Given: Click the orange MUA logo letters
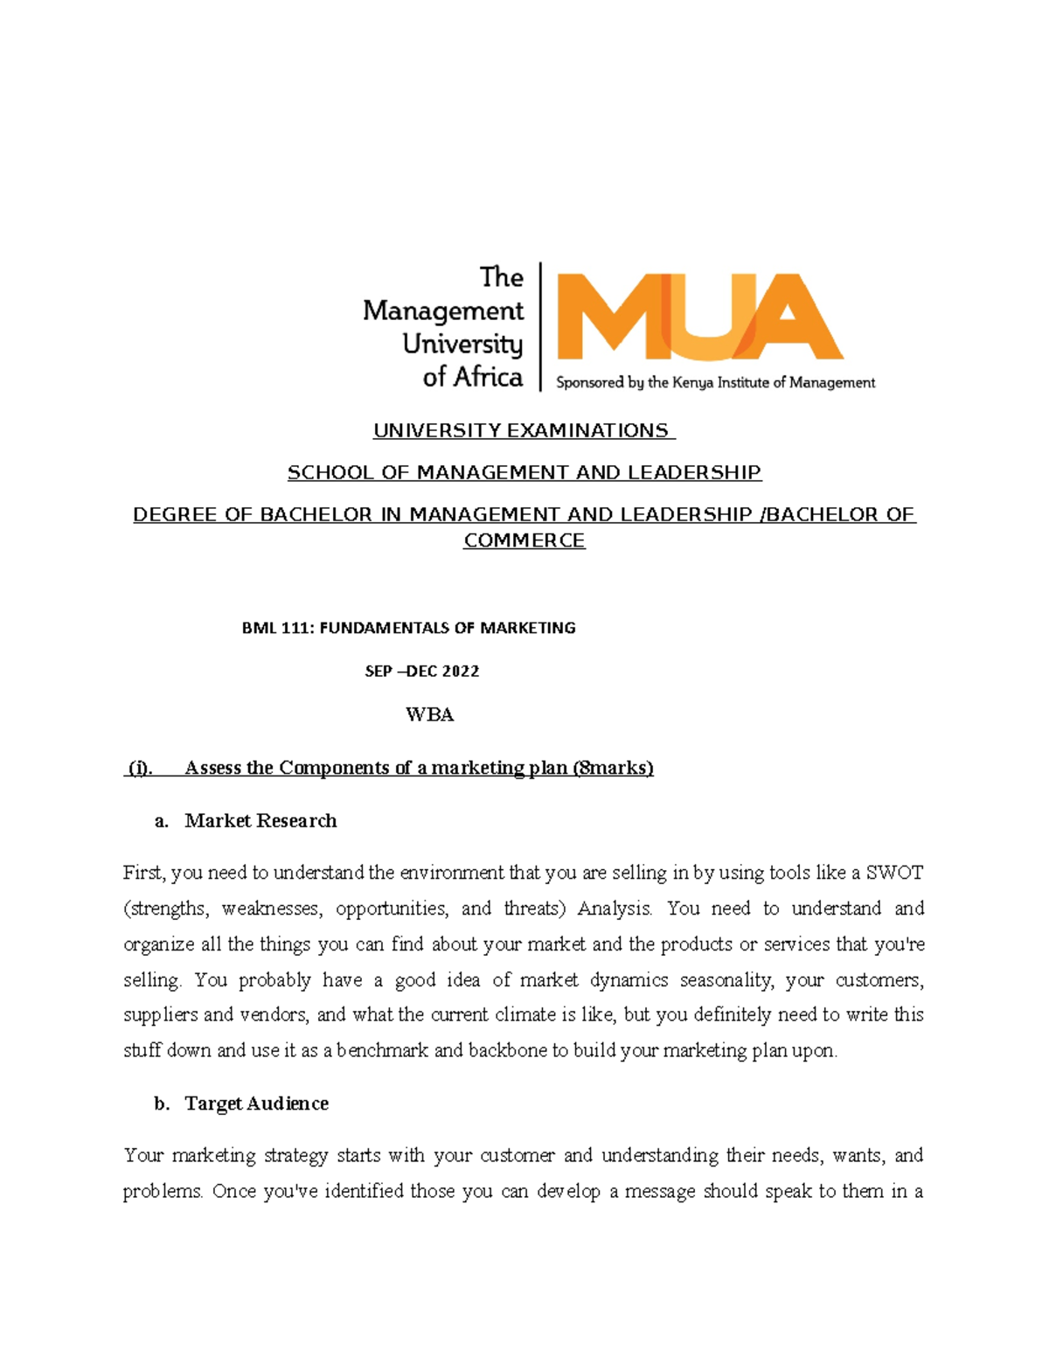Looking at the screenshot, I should [x=699, y=317].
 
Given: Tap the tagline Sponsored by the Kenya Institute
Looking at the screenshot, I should [x=715, y=382].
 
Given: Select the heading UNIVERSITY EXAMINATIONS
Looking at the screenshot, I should [x=523, y=430].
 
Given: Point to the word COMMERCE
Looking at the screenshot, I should [x=524, y=540].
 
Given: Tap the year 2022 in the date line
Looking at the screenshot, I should [x=460, y=672].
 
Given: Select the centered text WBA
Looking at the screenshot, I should [x=429, y=714].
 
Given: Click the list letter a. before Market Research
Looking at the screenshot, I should [x=161, y=821].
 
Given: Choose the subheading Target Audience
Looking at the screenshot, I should [x=256, y=1104].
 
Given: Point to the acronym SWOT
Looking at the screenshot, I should [x=893, y=873].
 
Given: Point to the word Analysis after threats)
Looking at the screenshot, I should [x=614, y=909].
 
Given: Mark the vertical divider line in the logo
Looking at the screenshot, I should [x=540, y=325].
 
